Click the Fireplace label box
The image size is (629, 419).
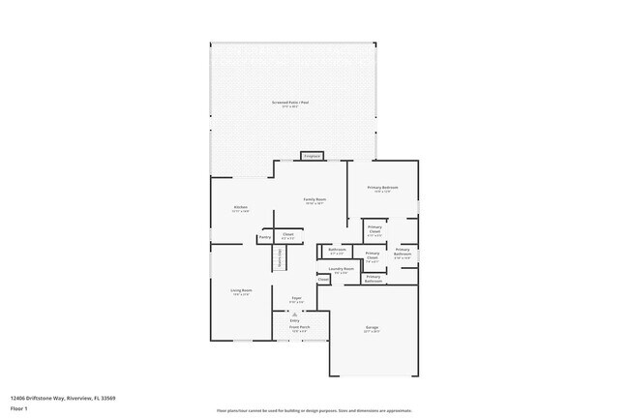[312, 156]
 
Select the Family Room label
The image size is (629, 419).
[314, 200]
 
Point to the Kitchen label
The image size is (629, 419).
[240, 208]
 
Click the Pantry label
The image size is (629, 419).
[264, 237]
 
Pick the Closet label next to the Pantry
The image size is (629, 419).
[287, 234]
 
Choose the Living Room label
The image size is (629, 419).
[241, 291]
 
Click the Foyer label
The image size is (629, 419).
[297, 299]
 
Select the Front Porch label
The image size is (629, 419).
[298, 328]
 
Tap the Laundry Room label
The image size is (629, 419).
[341, 270]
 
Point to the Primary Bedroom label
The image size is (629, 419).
[382, 188]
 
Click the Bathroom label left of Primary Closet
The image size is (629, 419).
[337, 250]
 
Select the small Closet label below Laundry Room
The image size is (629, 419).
[323, 280]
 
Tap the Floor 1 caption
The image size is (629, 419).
[19, 407]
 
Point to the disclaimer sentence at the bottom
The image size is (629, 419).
[314, 410]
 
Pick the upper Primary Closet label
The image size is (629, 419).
[374, 229]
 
